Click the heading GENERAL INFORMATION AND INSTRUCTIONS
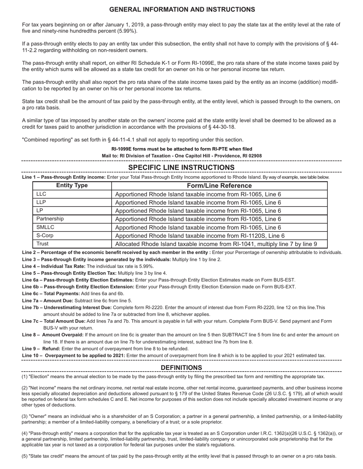(182, 10)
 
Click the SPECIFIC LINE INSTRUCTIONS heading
(181, 167)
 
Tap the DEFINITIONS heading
(181, 368)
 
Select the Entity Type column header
(72, 186)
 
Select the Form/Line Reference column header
(219, 186)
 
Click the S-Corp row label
(45, 236)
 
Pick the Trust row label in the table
(42, 244)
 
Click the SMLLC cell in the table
(45, 227)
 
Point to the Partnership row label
(50, 219)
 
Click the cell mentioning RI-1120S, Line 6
(200, 236)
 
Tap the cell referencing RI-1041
(216, 244)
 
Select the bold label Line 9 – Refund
(41, 349)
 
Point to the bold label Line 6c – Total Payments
(51, 294)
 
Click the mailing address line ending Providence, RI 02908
(181, 156)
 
